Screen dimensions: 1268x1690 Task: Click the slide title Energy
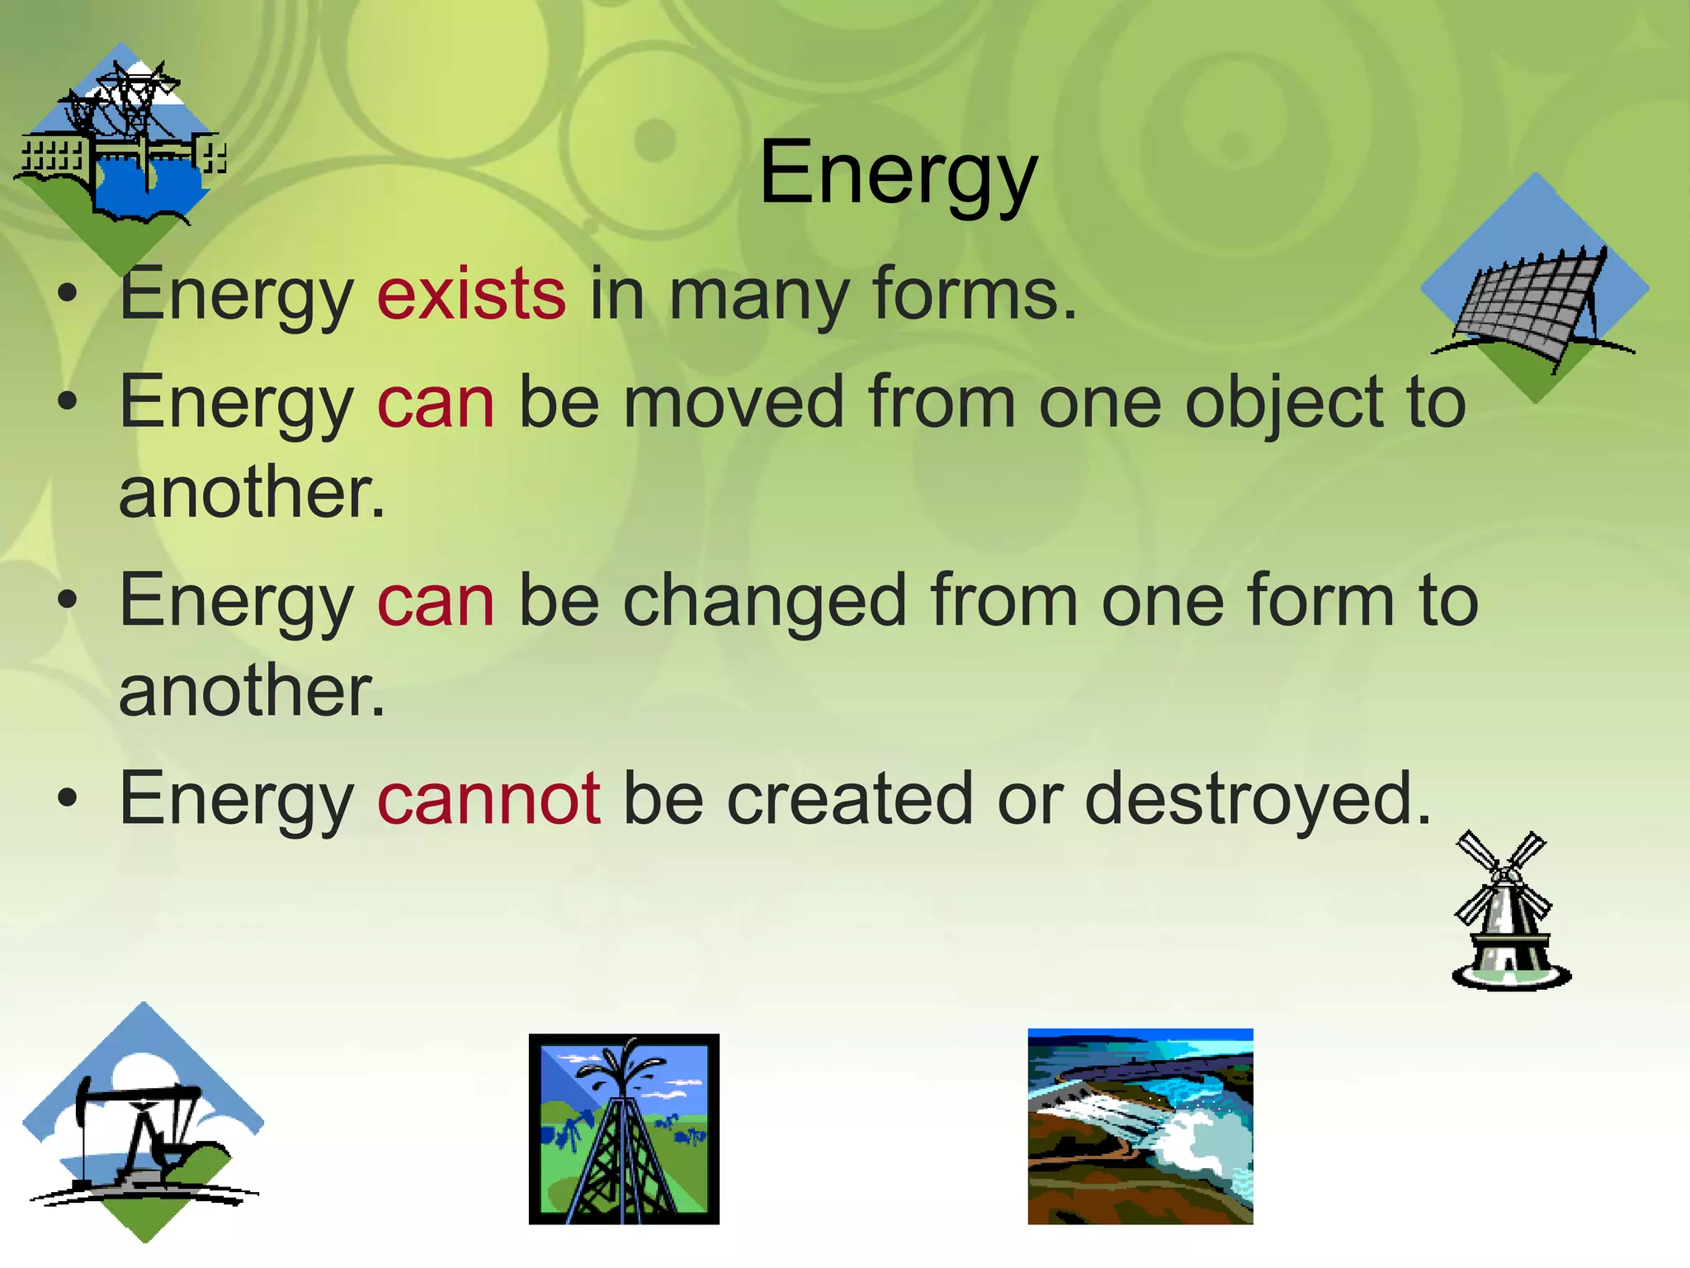(x=898, y=173)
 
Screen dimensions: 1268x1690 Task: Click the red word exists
(x=471, y=294)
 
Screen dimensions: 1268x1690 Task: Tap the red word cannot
(x=489, y=798)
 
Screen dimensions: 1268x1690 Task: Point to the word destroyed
(x=1257, y=798)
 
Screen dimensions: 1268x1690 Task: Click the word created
(x=849, y=798)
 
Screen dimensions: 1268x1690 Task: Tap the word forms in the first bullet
(x=974, y=294)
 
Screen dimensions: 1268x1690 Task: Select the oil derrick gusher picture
(x=624, y=1128)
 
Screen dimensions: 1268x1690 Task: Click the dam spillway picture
(x=1140, y=1126)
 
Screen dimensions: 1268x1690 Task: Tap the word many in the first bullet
(x=758, y=294)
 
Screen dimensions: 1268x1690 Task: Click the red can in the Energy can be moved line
(x=436, y=403)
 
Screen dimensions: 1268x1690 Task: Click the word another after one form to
(x=251, y=692)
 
